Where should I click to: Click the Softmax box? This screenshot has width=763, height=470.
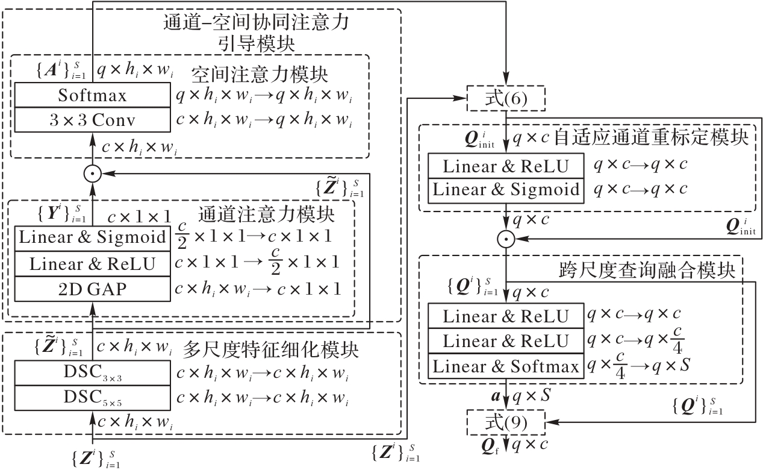(92, 95)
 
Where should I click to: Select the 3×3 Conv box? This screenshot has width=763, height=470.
(92, 120)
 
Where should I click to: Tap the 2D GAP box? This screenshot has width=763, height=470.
(92, 289)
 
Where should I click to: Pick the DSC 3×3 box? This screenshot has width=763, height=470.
(92, 373)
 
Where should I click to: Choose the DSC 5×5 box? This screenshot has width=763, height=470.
(92, 398)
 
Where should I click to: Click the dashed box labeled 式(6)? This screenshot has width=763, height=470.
(506, 98)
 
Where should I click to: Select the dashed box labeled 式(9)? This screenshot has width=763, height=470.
(506, 422)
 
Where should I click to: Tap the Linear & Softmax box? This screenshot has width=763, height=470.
(506, 366)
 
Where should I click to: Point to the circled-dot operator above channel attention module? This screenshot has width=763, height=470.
(93, 174)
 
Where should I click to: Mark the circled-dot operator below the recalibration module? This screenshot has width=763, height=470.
(506, 239)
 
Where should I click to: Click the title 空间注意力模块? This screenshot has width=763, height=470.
(260, 75)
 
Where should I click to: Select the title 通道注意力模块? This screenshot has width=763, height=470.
(266, 215)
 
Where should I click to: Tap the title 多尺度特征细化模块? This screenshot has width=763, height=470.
(271, 349)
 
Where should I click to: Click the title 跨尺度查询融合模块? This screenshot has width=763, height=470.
(647, 271)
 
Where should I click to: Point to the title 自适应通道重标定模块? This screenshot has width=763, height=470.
(651, 138)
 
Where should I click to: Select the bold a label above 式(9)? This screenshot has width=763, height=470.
(496, 396)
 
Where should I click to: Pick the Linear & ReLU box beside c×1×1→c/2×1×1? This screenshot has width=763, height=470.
(92, 264)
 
